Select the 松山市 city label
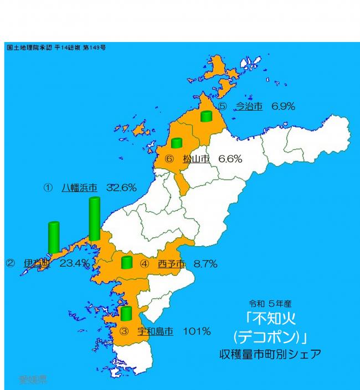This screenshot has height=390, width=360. click(196, 159)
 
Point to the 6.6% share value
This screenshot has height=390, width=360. click(230, 159)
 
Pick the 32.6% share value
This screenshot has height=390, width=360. click(121, 188)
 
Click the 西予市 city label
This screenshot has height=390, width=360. click(171, 264)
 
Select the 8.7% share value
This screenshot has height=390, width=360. click(205, 264)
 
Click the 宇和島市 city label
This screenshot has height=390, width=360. click(155, 331)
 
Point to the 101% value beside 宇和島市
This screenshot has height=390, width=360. click(197, 331)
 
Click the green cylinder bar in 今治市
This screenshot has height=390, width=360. click(207, 116)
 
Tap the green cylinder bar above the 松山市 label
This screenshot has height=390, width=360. click(177, 143)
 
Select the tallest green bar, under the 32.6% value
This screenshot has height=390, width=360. click(95, 219)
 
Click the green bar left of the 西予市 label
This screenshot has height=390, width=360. click(127, 262)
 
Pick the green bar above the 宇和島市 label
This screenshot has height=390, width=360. click(126, 313)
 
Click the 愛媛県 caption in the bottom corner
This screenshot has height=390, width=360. click(33, 380)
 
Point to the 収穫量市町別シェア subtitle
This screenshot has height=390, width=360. click(270, 353)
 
